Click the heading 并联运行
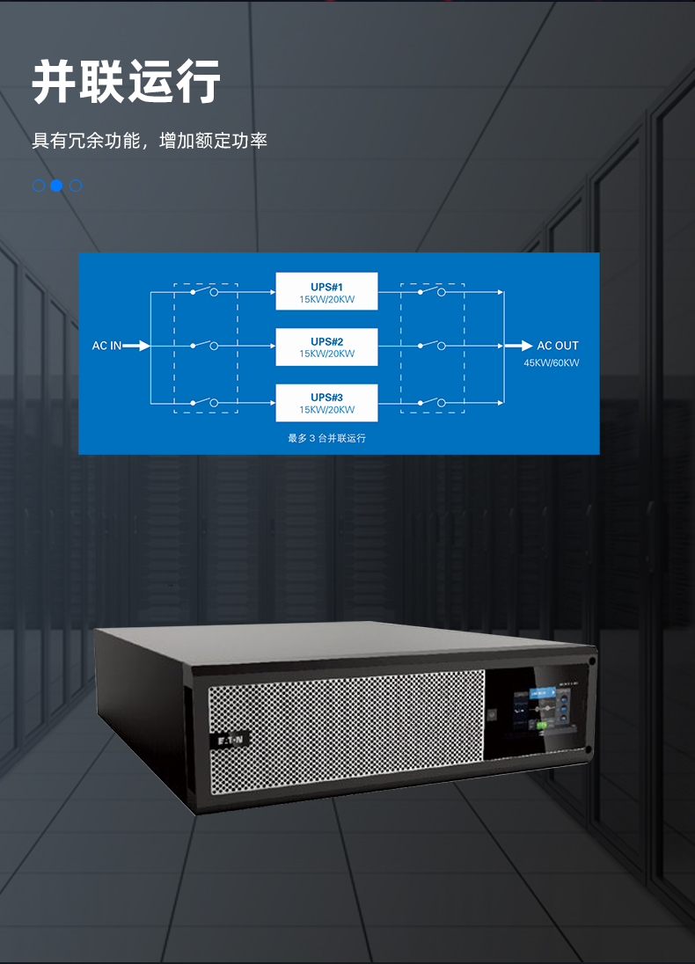(x=126, y=84)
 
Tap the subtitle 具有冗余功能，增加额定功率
(x=150, y=141)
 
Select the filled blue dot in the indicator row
(x=56, y=186)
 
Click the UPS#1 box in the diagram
(x=326, y=291)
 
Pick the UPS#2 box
(x=326, y=347)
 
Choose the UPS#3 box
(x=326, y=403)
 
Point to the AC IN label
(x=106, y=346)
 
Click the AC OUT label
(x=558, y=346)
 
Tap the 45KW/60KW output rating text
(x=552, y=363)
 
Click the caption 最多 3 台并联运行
(x=326, y=438)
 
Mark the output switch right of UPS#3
(x=431, y=403)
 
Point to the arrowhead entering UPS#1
(x=270, y=291)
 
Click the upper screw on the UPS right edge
(x=592, y=661)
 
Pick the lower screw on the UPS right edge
(x=588, y=749)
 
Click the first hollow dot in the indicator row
(x=39, y=186)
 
